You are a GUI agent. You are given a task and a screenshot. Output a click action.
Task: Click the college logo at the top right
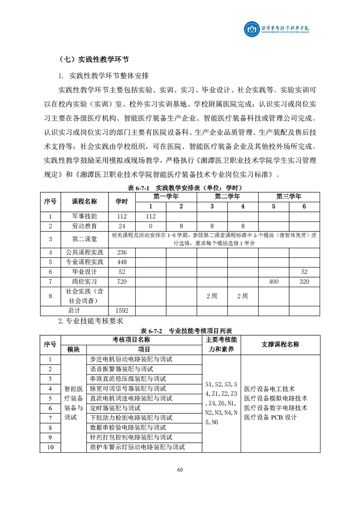click(277, 31)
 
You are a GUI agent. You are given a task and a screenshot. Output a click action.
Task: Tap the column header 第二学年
click(227, 197)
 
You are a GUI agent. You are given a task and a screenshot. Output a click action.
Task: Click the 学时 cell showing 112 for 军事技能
click(122, 216)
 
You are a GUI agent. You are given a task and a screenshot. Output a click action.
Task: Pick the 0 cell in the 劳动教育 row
click(150, 226)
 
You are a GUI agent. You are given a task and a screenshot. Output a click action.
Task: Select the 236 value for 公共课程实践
click(122, 252)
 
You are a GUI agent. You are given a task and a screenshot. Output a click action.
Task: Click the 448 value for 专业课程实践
click(122, 262)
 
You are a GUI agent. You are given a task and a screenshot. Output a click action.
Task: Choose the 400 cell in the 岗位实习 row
click(274, 282)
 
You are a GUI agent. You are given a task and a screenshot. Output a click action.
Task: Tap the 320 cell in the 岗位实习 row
click(304, 282)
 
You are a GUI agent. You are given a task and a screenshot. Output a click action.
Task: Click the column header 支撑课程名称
click(280, 344)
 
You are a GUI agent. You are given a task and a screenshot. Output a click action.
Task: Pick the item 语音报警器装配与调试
click(122, 369)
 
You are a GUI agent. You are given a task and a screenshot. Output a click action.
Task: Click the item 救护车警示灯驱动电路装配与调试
click(138, 447)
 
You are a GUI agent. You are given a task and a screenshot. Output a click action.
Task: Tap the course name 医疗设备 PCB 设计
click(270, 417)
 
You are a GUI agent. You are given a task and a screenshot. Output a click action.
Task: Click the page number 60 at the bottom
click(180, 470)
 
